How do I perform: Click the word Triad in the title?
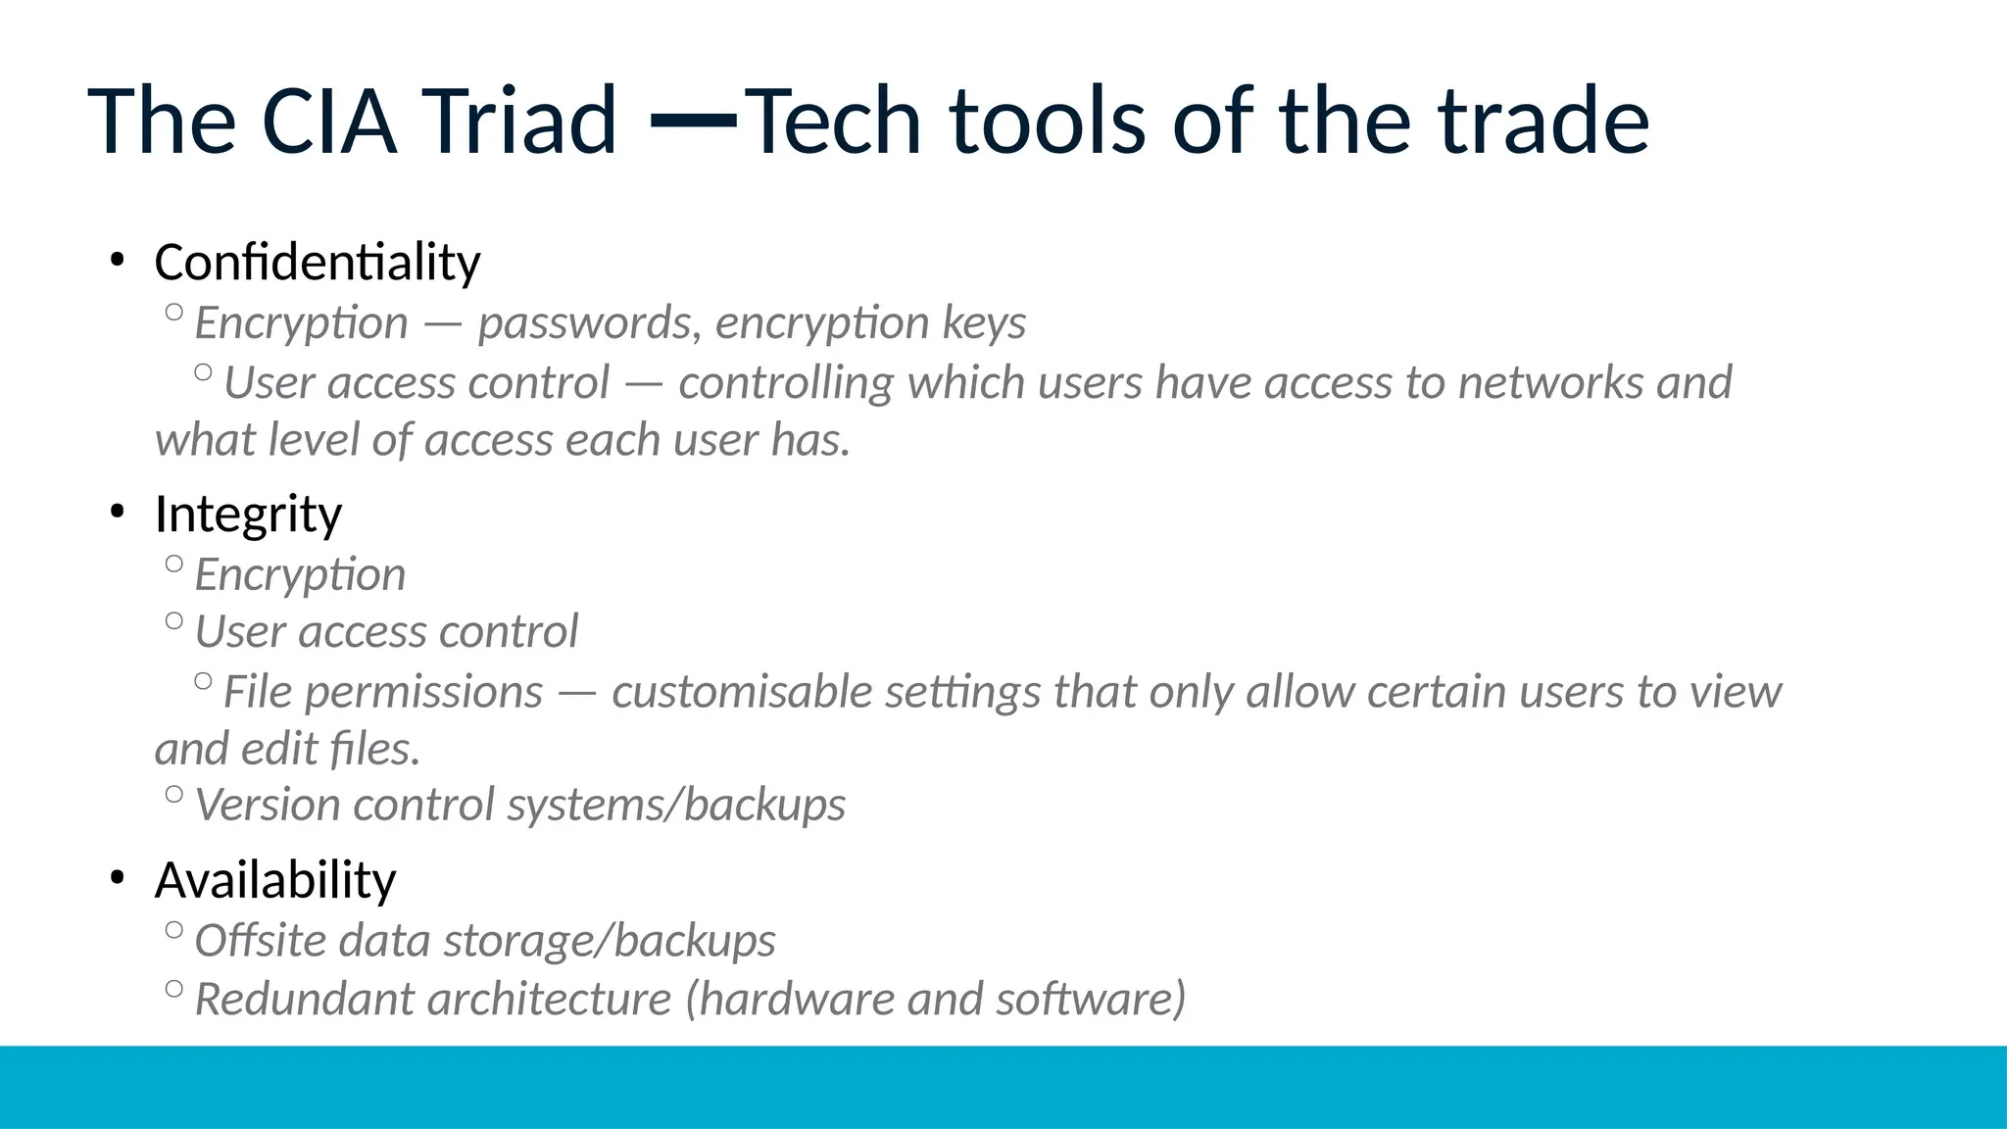click(x=518, y=122)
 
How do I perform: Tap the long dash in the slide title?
click(x=694, y=121)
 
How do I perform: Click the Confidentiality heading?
click(x=318, y=263)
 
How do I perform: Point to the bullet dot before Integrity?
click(x=118, y=513)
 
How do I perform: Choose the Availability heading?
click(x=275, y=880)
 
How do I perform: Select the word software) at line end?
click(x=1091, y=1000)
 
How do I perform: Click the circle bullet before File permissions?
click(x=203, y=681)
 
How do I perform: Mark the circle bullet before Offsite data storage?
click(x=174, y=930)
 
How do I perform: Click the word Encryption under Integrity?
click(x=300, y=575)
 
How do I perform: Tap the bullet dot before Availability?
click(x=118, y=879)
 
